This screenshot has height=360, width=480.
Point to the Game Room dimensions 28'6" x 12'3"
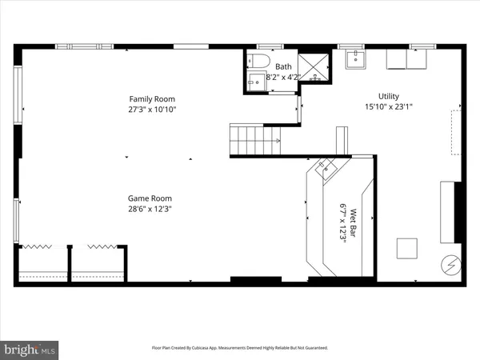pyautogui.click(x=151, y=209)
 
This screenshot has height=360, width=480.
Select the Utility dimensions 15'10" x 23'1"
pyautogui.click(x=389, y=105)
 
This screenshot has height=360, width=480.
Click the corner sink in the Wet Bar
pyautogui.click(x=327, y=167)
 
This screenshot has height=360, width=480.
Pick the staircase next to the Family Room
pyautogui.click(x=256, y=140)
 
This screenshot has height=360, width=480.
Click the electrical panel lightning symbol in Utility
pyautogui.click(x=449, y=263)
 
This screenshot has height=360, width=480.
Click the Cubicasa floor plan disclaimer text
pyautogui.click(x=240, y=348)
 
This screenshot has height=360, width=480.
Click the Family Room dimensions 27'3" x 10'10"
pyautogui.click(x=152, y=110)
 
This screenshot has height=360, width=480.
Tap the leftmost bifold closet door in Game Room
pyautogui.click(x=39, y=248)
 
